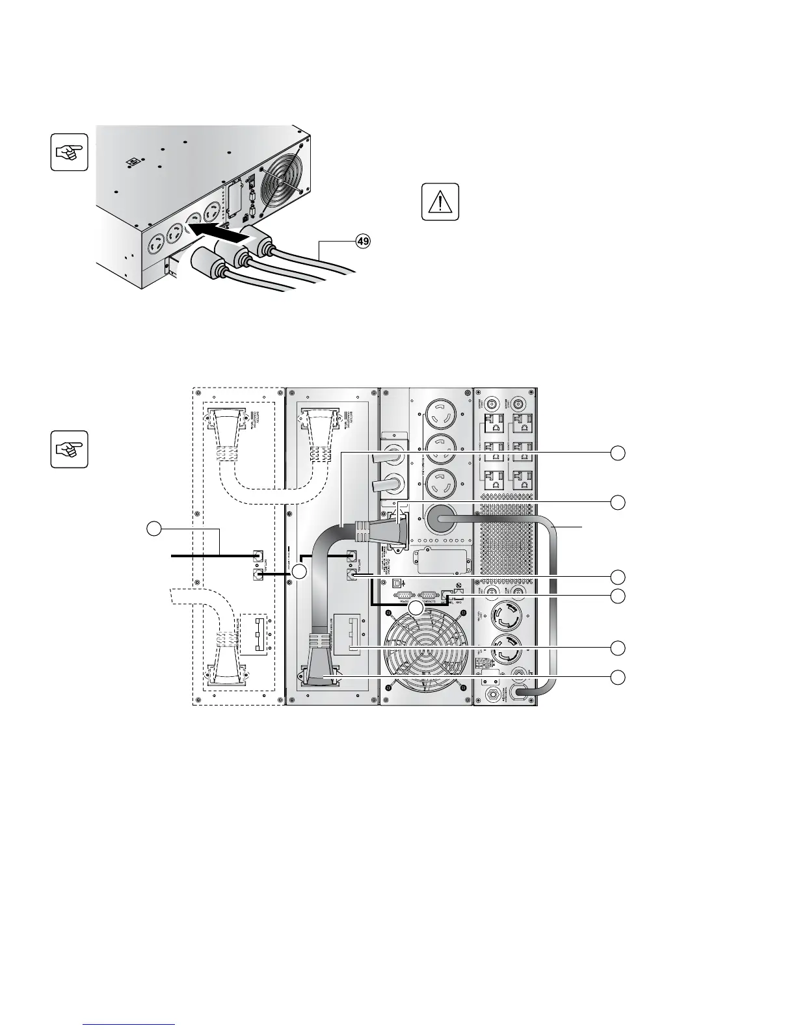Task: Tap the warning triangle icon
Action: coord(440,202)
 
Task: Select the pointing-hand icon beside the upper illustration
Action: coord(70,152)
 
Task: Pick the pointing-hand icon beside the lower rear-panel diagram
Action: coord(70,449)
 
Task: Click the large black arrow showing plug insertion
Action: coord(220,234)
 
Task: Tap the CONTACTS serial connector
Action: coord(428,594)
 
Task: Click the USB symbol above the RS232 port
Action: coord(398,583)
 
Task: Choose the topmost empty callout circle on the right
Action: coord(619,453)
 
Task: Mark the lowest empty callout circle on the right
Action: coord(619,678)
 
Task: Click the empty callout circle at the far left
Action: coord(154,530)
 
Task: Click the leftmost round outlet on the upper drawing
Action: coord(158,248)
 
